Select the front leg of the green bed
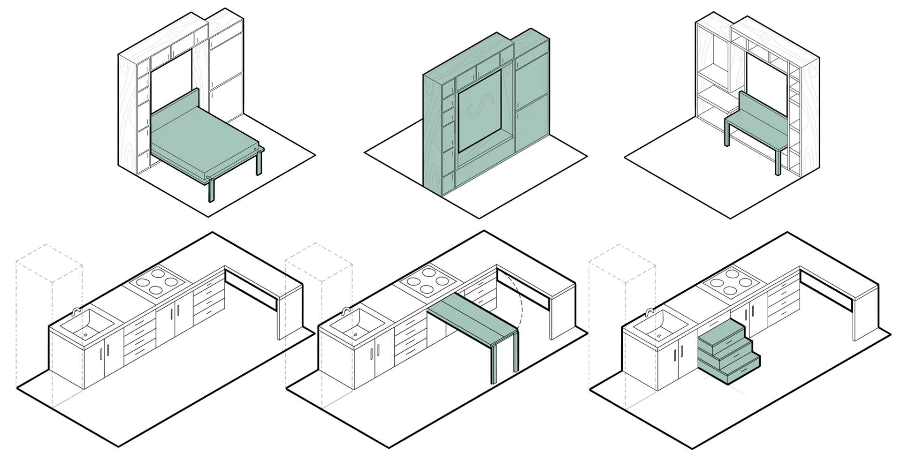pyautogui.click(x=213, y=190)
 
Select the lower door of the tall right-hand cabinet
pyautogui.click(x=532, y=122)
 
